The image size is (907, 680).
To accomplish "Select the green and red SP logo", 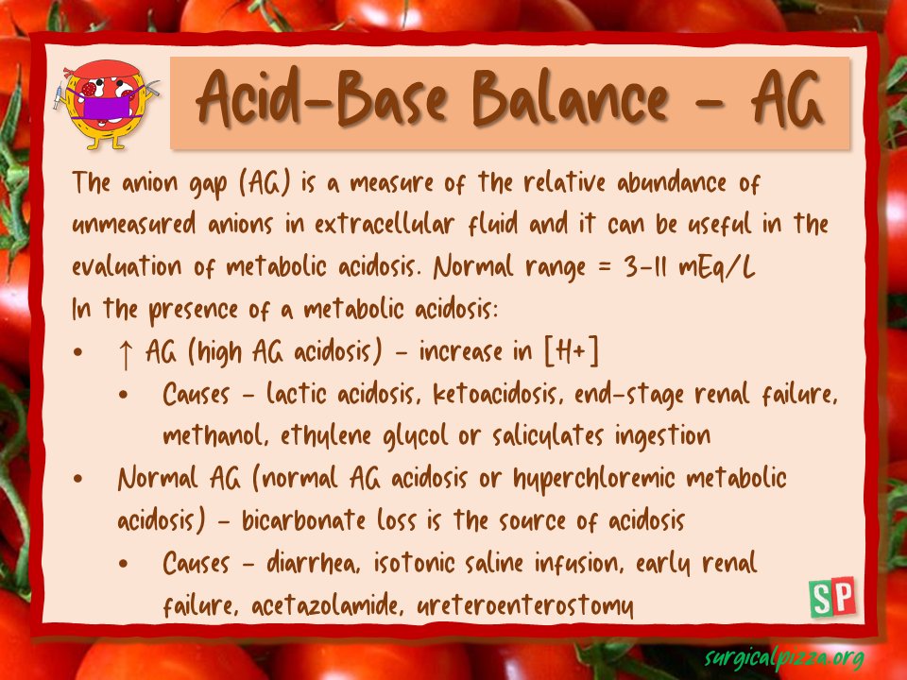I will [832, 597].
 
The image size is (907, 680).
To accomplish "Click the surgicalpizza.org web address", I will [784, 656].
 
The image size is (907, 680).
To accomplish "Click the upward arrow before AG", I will [126, 353].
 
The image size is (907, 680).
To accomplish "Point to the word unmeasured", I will [137, 226].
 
